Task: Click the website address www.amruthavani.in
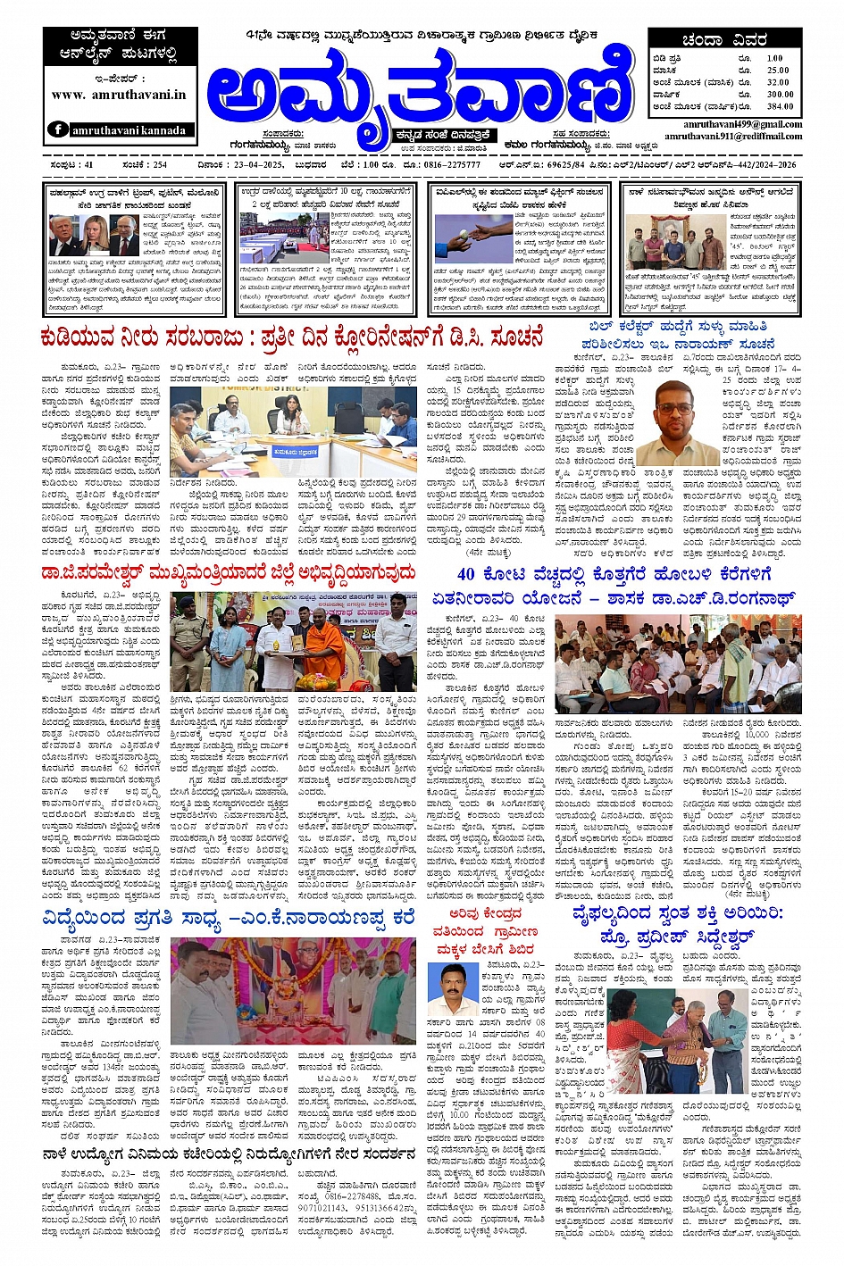(119, 95)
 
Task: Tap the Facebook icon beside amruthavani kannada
(58, 129)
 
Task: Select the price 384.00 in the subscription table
(779, 106)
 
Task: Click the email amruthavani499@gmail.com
(743, 124)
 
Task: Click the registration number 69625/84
(565, 165)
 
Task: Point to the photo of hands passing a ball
(472, 235)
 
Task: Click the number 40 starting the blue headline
(466, 574)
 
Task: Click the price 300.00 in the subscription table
(779, 94)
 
